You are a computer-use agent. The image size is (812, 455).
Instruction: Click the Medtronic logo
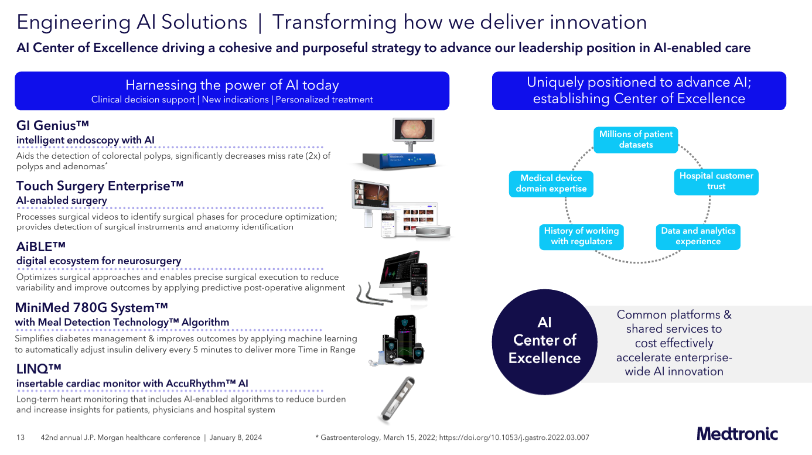[737, 434]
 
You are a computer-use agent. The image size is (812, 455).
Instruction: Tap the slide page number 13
[21, 437]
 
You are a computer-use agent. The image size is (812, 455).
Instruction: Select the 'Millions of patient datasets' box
[636, 139]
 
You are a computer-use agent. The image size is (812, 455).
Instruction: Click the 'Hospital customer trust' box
[716, 181]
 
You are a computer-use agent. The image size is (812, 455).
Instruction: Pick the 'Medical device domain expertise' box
[551, 183]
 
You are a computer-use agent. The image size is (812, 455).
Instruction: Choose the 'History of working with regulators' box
[581, 236]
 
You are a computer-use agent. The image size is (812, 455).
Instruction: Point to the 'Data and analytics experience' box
[698, 236]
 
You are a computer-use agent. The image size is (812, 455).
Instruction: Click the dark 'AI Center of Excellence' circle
[544, 340]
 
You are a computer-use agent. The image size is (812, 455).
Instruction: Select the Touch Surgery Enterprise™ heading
[100, 186]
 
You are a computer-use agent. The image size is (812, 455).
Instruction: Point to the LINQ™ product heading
[39, 368]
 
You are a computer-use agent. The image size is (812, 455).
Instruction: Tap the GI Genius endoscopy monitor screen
[413, 131]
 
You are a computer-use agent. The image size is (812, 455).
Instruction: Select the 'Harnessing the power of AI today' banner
[232, 91]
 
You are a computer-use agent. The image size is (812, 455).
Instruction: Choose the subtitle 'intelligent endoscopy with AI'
[86, 140]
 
